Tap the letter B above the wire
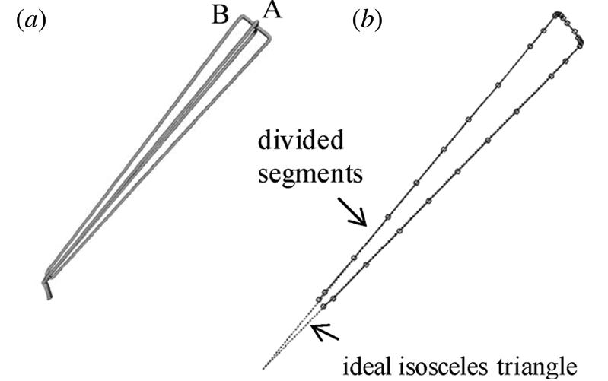coord(221,16)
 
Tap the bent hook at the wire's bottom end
coord(47,287)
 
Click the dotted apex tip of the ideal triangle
coord(264,368)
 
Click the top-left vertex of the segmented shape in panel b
coord(558,14)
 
